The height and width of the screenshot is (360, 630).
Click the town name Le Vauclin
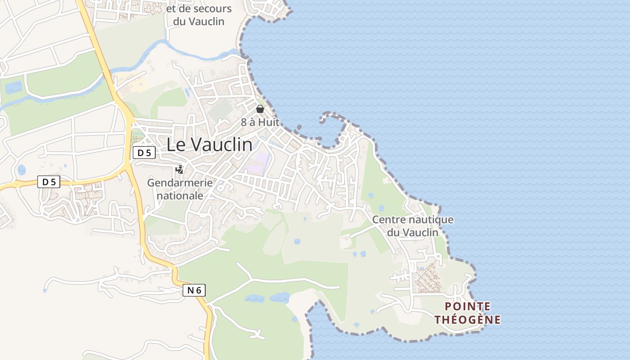(x=209, y=144)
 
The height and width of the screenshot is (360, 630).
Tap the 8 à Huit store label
(x=260, y=122)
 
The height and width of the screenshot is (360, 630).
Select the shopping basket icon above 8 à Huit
(x=260, y=109)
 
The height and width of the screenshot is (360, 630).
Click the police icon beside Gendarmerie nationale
(x=180, y=170)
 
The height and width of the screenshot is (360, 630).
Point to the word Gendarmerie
(x=180, y=183)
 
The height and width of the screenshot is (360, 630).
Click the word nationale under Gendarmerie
(x=180, y=196)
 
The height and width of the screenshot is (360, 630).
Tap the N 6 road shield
(x=194, y=290)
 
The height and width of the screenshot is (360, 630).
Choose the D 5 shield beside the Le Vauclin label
(x=144, y=153)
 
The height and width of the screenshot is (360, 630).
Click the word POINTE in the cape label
(x=468, y=306)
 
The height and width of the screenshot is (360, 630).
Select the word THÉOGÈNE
(x=468, y=320)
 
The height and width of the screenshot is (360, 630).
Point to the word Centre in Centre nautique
(x=389, y=220)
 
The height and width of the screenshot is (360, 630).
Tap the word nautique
(x=431, y=220)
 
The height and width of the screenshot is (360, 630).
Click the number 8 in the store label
(x=244, y=122)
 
